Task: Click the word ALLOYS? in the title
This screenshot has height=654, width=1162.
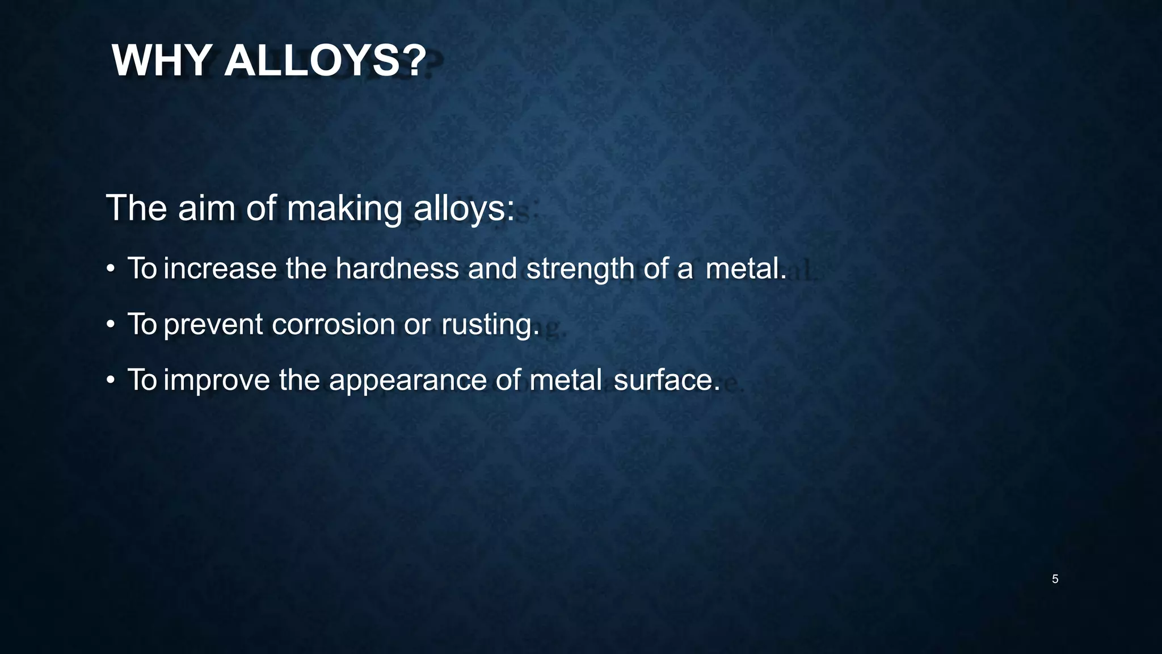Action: click(x=325, y=61)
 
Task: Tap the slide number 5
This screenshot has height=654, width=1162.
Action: click(x=1055, y=579)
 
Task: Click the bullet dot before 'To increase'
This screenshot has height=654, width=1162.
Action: click(x=111, y=269)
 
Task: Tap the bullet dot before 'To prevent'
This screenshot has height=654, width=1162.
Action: click(x=111, y=325)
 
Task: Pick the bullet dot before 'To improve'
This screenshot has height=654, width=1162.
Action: click(x=111, y=380)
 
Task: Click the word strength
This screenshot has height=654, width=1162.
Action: click(x=580, y=269)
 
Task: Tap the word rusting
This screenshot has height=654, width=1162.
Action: click(x=490, y=325)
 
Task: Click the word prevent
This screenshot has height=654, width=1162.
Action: click(x=213, y=325)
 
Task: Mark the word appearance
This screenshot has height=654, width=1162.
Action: click(x=408, y=381)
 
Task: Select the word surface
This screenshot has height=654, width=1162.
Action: click(x=667, y=380)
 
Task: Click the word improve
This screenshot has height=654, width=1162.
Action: click(x=217, y=380)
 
